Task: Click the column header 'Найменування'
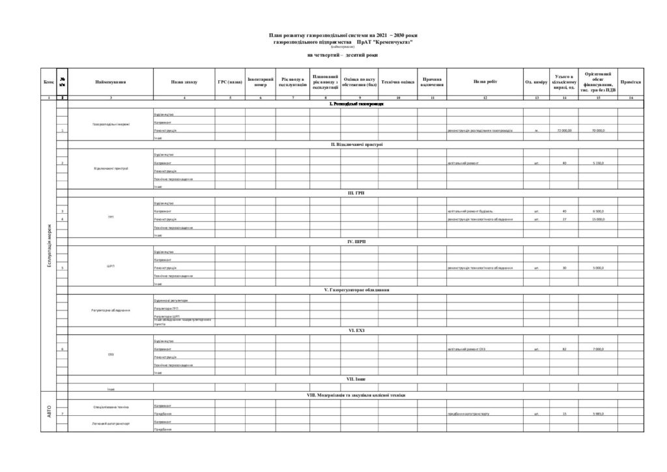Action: coord(110,82)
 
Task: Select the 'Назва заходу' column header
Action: coord(184,82)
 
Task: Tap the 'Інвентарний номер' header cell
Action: coord(261,82)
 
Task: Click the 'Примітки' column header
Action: coord(631,82)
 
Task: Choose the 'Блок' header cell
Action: coord(49,82)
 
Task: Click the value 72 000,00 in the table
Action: coord(564,130)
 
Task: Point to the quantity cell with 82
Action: coord(564,349)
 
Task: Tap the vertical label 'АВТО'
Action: coord(49,411)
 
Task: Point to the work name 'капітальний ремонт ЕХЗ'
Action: coord(466,349)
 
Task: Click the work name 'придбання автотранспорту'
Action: coord(468,414)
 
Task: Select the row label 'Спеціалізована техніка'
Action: coord(110,407)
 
